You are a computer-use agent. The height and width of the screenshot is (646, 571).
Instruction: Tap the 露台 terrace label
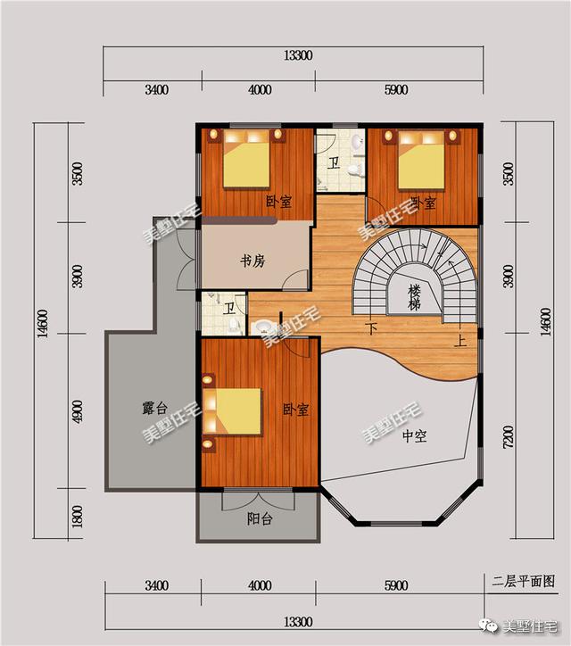click(x=156, y=409)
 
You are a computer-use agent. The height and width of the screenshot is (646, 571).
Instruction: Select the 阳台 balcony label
click(x=260, y=519)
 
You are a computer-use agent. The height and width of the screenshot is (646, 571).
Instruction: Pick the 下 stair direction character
click(x=372, y=327)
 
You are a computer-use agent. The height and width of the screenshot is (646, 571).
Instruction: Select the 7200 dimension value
click(x=508, y=438)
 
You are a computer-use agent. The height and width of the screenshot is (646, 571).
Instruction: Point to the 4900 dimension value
click(x=78, y=411)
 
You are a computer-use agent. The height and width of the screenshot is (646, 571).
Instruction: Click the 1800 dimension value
click(x=78, y=515)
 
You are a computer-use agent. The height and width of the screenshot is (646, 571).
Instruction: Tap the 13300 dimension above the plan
click(x=298, y=55)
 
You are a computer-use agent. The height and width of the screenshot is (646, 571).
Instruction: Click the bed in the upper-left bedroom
click(x=246, y=162)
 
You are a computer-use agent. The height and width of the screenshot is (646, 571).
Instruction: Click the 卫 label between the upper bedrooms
click(x=334, y=163)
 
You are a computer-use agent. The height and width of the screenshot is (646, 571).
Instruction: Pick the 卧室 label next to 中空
click(x=295, y=410)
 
